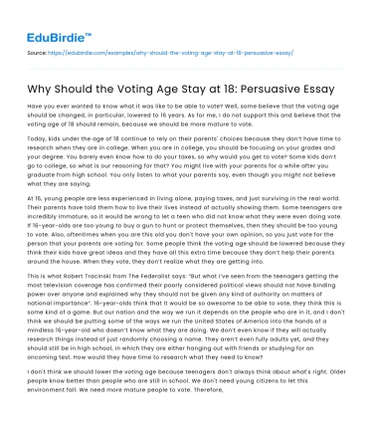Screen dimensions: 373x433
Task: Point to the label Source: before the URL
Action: [x=37, y=47]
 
